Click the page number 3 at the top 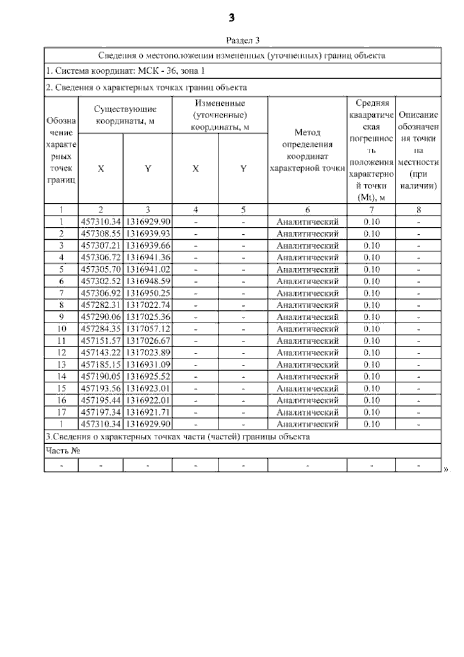[x=231, y=18]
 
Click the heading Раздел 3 [x=242, y=40]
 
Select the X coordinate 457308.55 [x=101, y=234]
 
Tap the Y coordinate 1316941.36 [x=148, y=257]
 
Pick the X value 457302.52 [x=101, y=281]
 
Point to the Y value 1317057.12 [x=148, y=329]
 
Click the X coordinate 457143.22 [x=101, y=353]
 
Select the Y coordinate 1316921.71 [x=148, y=412]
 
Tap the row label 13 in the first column [x=61, y=365]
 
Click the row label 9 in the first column [x=61, y=317]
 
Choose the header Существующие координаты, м [x=125, y=115]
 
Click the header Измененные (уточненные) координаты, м [x=220, y=115]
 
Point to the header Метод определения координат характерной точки [x=307, y=150]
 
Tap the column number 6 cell [x=307, y=210]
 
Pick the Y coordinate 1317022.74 [x=148, y=305]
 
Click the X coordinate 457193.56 [x=101, y=388]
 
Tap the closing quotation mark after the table [x=446, y=469]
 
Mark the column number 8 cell [x=418, y=210]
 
